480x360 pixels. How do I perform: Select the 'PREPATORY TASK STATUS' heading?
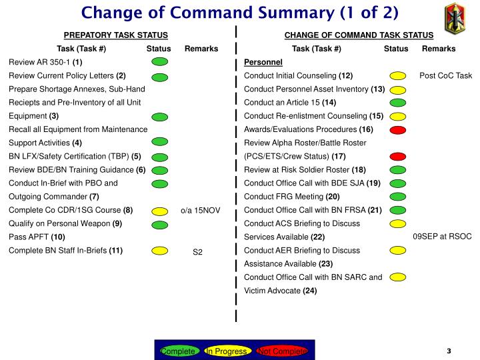[x=115, y=35]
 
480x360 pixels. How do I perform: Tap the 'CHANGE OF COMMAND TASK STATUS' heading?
[x=359, y=35]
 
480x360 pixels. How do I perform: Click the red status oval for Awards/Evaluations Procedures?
[x=397, y=129]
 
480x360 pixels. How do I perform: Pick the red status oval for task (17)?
[x=397, y=156]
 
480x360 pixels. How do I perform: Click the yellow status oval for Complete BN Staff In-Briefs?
[x=159, y=251]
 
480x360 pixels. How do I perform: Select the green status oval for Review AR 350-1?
[x=159, y=62]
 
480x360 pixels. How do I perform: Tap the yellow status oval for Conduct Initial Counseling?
[x=397, y=76]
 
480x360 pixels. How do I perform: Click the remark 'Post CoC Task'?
[x=445, y=75]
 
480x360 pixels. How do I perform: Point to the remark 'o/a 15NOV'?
[x=201, y=211]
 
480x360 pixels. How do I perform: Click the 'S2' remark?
[x=198, y=251]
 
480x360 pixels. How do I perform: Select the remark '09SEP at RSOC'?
[x=442, y=237]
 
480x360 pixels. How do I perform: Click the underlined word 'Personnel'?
[x=263, y=62]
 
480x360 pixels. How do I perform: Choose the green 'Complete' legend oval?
[x=178, y=351]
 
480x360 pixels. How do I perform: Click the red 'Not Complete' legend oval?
[x=282, y=351]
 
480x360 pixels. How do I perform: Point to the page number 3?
[x=449, y=351]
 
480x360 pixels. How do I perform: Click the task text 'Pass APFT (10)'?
[x=37, y=237]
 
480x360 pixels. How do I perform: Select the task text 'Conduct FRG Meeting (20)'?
[x=292, y=197]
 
